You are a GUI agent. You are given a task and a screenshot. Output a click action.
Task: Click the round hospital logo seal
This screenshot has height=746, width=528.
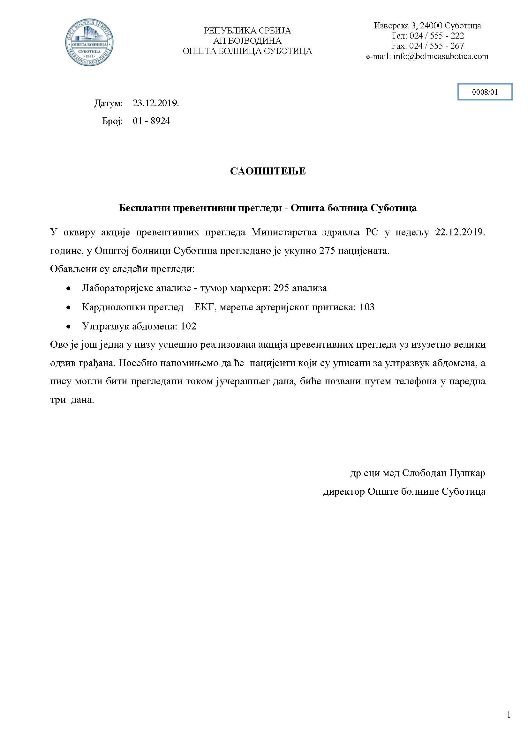coord(89,42)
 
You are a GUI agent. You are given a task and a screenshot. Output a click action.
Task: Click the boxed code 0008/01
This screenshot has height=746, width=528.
coord(485,92)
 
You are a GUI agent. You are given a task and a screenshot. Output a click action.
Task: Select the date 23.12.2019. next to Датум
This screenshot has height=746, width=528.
coord(156,103)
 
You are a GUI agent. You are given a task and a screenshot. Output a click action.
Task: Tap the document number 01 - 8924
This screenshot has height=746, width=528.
coord(151,121)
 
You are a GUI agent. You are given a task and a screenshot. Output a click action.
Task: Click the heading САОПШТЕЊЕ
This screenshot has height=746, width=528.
coord(268,171)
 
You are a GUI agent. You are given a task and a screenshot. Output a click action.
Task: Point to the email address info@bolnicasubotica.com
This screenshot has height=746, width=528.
coord(441,56)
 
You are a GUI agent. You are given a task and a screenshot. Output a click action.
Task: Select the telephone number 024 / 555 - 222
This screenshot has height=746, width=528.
coord(437,35)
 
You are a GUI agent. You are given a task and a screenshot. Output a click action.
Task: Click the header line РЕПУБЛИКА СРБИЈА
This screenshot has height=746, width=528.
coord(247,31)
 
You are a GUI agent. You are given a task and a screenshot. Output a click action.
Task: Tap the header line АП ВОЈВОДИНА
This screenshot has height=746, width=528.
coord(247,41)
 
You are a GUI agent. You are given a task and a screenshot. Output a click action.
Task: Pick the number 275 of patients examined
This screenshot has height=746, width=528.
coord(327,251)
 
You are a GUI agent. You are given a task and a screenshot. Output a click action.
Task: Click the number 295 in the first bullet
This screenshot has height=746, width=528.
coord(281,288)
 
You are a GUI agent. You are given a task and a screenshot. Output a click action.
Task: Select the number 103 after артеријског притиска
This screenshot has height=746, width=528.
coord(367,307)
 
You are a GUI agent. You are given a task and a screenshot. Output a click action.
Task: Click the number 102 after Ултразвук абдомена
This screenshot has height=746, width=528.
coord(189,326)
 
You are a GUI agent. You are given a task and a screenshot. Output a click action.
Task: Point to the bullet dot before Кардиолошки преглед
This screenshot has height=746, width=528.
coord(68,307)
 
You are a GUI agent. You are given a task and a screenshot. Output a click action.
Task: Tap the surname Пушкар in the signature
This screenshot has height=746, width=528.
coord(467,473)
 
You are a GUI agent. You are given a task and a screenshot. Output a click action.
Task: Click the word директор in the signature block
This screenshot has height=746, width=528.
coord(344,491)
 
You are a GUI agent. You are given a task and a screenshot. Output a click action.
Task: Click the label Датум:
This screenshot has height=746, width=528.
coord(109,103)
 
